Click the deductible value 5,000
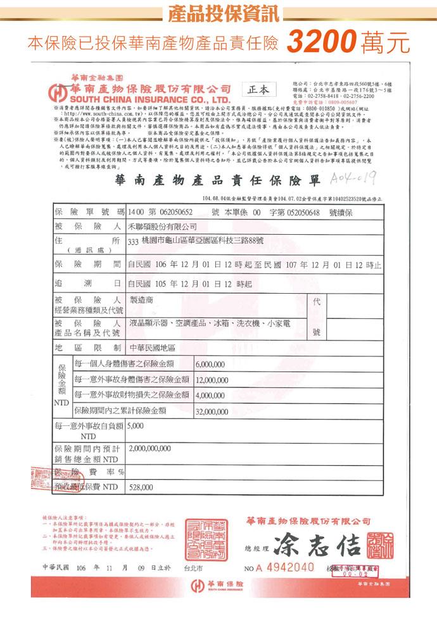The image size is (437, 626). (137, 427)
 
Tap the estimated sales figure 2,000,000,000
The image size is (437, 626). (158, 448)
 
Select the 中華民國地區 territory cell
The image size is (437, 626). (153, 347)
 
